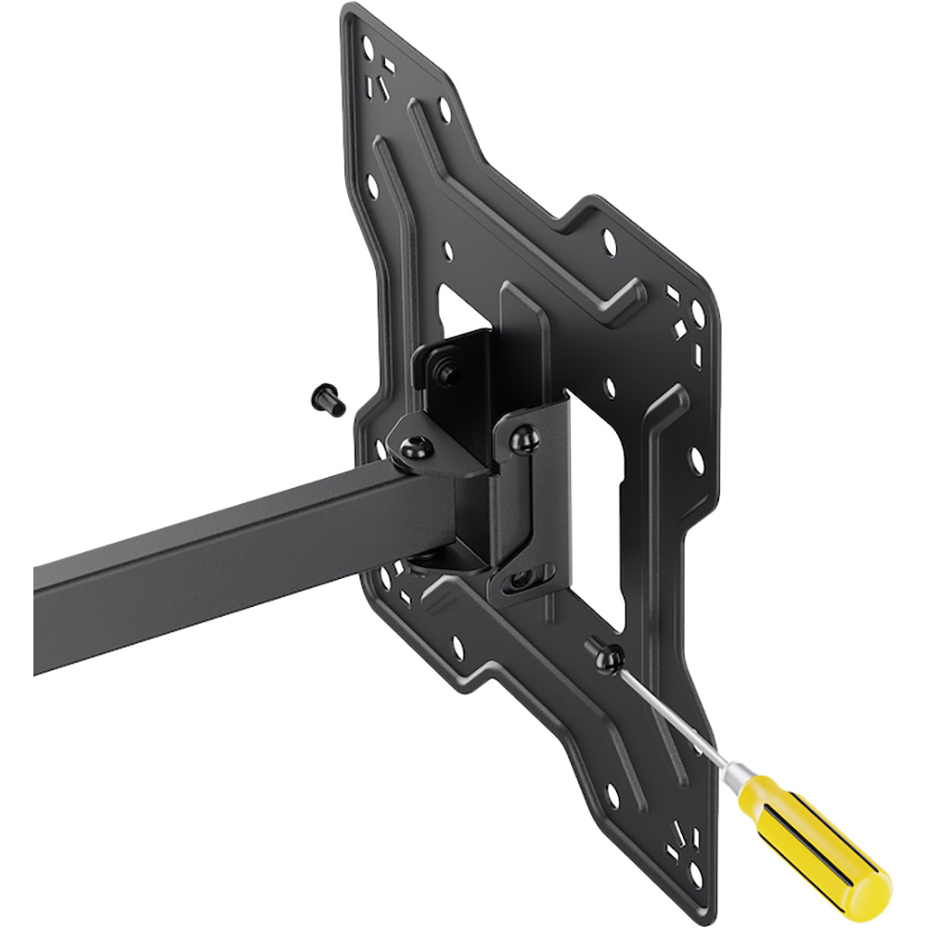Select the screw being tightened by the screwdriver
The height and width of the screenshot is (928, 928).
point(609,659)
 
